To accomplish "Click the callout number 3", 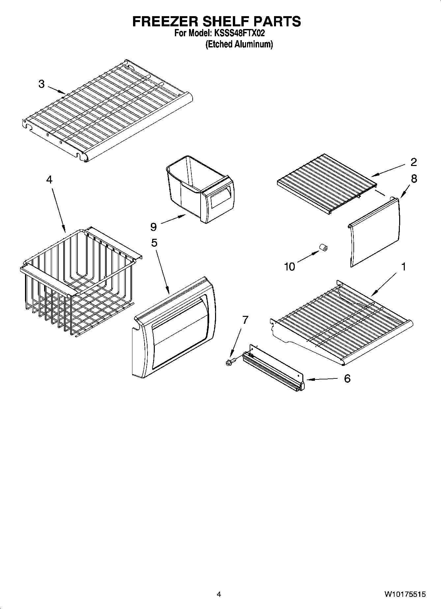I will click(x=41, y=84).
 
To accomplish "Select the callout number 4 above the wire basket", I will click(x=49, y=180).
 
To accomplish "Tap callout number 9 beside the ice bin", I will click(x=153, y=227).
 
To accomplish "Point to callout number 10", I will click(x=289, y=266).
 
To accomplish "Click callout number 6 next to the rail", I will click(x=347, y=379).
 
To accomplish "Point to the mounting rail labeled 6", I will click(x=273, y=369).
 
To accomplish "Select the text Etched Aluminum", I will click(x=239, y=44).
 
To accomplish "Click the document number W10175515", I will click(x=404, y=594).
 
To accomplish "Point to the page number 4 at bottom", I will click(x=219, y=594).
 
